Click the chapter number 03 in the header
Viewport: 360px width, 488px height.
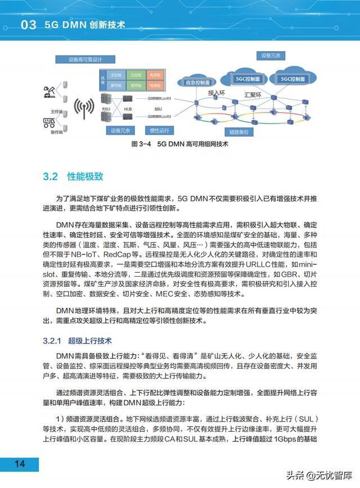(28, 25)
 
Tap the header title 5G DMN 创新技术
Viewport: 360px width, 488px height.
(84, 25)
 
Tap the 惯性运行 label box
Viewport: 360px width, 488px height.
(159, 132)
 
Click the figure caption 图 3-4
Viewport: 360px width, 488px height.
(138, 144)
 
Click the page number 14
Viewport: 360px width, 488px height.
(20, 464)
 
